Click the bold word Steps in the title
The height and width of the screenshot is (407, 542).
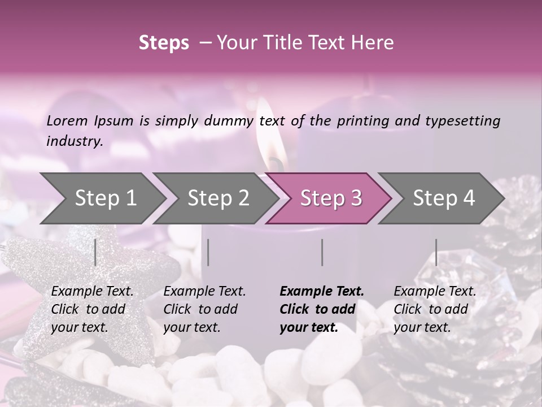[x=164, y=43]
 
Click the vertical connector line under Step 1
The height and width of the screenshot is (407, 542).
[x=95, y=252]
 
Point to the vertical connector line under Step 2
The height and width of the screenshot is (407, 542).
[x=208, y=252]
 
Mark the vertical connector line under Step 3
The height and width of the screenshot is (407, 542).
[x=322, y=252]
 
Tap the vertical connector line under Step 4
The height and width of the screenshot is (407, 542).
[x=436, y=252]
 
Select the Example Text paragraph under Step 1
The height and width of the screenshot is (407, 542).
[x=92, y=309]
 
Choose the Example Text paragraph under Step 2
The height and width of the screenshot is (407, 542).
[x=204, y=309]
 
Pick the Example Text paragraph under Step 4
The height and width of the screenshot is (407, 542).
[x=435, y=309]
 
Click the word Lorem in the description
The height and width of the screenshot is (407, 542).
[x=67, y=120]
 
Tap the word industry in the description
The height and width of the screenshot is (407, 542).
[x=73, y=141]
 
